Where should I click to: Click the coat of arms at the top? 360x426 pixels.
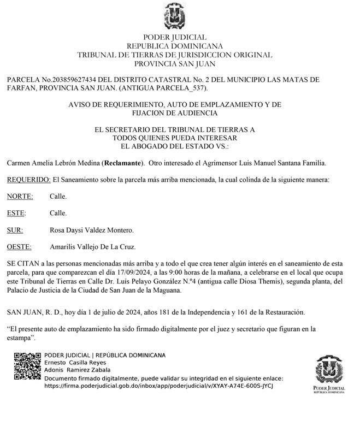(174, 16)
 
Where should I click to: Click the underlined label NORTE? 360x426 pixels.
(20, 196)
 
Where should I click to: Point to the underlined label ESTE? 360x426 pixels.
(16, 213)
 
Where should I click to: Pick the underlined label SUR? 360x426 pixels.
(15, 230)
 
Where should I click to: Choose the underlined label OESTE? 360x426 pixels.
(19, 247)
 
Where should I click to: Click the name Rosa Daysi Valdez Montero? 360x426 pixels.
(91, 230)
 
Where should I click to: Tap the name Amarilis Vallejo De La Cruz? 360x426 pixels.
(92, 247)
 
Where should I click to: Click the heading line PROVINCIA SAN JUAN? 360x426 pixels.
(174, 63)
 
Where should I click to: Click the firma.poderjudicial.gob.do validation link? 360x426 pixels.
(158, 386)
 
